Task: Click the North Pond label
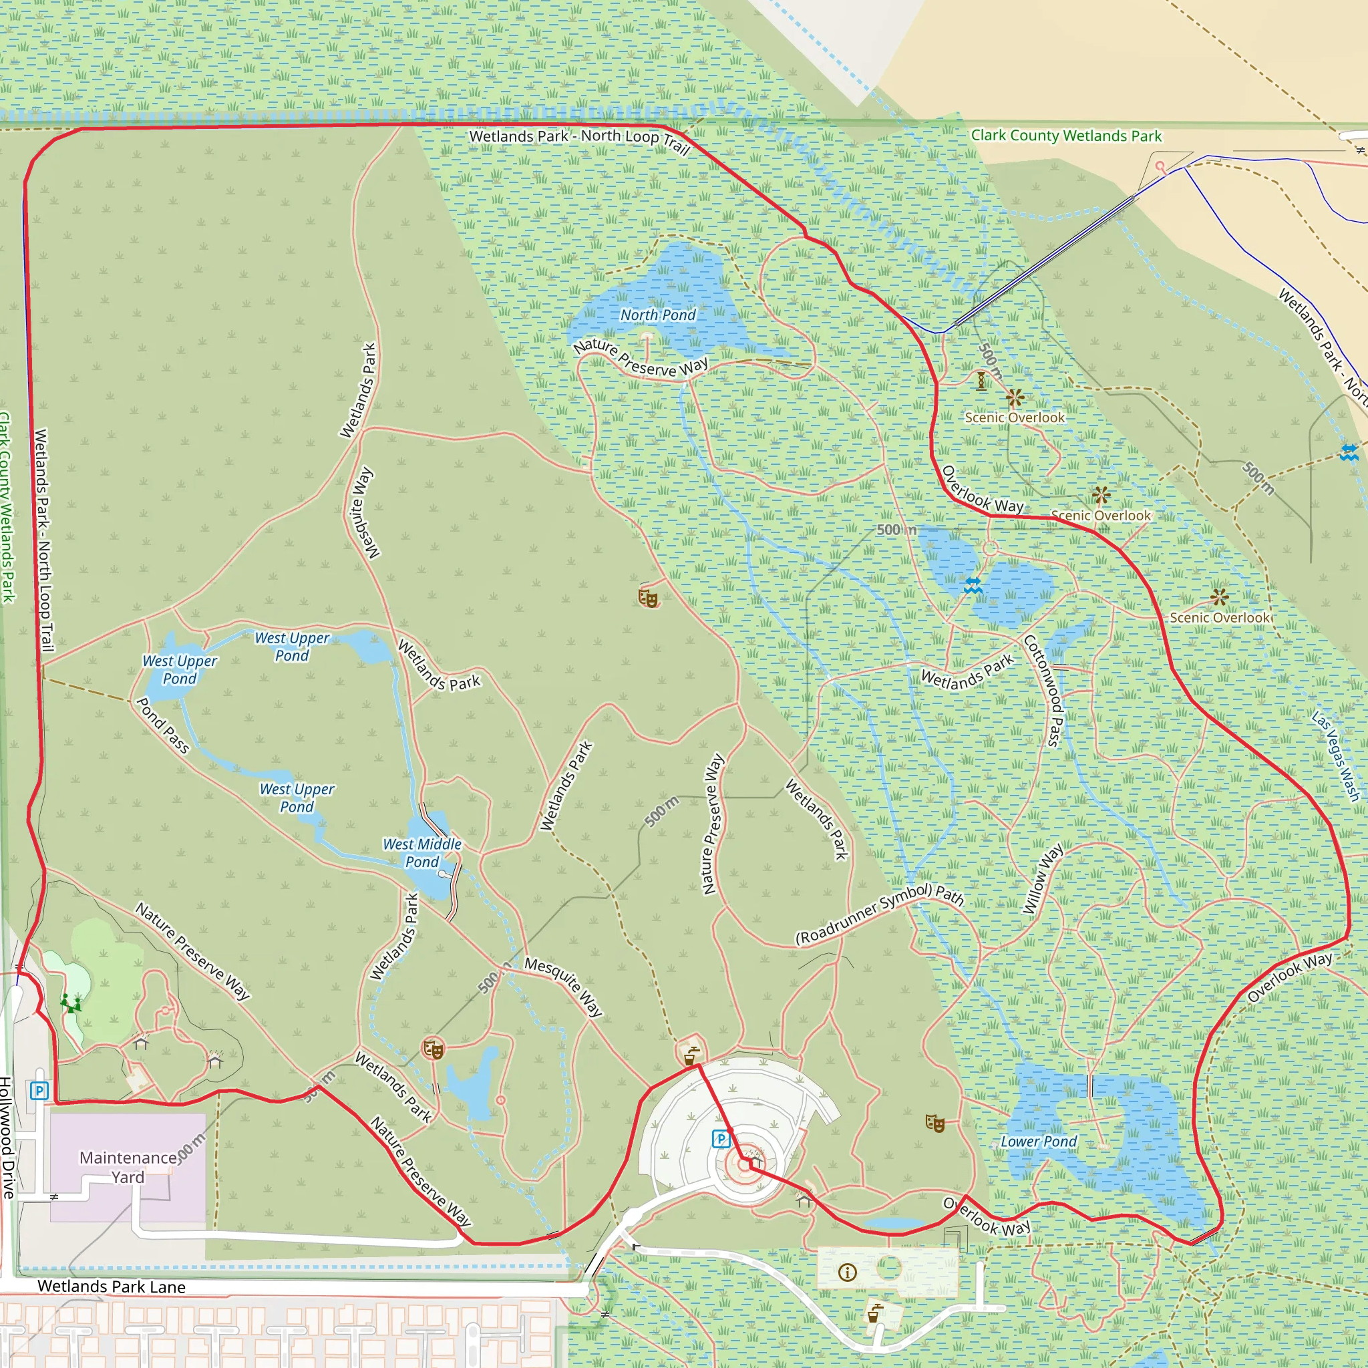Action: [x=658, y=315]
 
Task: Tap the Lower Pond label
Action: [x=1038, y=1142]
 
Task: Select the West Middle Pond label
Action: [x=422, y=853]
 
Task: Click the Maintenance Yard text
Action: [x=128, y=1168]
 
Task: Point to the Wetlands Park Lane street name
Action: [x=111, y=1287]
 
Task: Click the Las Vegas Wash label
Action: [x=1335, y=755]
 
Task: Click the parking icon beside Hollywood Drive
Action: [x=39, y=1090]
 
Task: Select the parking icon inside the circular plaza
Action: [x=720, y=1139]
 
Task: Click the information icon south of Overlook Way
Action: [x=847, y=1272]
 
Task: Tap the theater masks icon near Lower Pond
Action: [x=934, y=1123]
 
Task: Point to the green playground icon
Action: [x=70, y=1003]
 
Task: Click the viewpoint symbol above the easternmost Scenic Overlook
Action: [x=1218, y=597]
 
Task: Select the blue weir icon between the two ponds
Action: [x=973, y=585]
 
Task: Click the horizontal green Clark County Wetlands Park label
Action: [x=1065, y=136]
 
